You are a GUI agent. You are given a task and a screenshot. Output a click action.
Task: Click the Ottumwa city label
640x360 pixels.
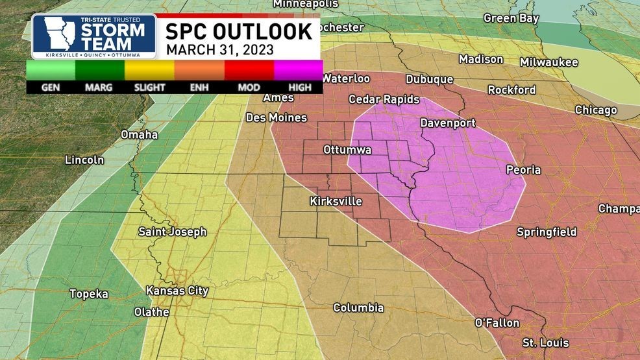click(x=347, y=150)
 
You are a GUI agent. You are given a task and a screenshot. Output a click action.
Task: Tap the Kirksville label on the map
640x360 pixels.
click(x=336, y=201)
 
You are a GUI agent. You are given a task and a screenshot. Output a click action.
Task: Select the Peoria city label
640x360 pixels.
click(x=523, y=170)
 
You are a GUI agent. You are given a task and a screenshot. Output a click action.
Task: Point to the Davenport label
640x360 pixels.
click(x=447, y=123)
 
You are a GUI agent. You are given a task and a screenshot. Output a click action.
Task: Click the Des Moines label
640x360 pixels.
click(x=276, y=118)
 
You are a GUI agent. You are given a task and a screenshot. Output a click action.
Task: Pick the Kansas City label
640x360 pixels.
click(x=177, y=291)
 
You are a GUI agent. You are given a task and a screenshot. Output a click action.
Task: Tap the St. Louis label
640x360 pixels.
click(x=545, y=342)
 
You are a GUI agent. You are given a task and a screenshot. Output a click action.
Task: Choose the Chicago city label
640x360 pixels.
click(x=595, y=110)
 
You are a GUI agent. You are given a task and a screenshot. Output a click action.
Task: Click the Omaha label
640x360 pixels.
click(x=139, y=135)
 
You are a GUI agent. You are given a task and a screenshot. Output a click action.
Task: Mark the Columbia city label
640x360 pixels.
click(x=358, y=308)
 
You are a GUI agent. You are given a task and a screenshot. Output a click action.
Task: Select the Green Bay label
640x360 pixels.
click(x=511, y=19)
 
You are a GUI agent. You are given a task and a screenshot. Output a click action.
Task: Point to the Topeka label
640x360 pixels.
click(x=89, y=294)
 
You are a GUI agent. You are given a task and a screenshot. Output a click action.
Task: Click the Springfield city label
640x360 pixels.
click(x=547, y=232)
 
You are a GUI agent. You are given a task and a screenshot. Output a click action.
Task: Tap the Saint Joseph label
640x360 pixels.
click(x=172, y=232)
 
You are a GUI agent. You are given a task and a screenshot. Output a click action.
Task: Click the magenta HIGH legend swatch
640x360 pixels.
click(x=298, y=69)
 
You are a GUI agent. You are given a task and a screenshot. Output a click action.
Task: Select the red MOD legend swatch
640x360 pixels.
click(x=249, y=69)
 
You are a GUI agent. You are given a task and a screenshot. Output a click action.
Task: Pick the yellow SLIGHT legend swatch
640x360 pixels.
click(x=149, y=69)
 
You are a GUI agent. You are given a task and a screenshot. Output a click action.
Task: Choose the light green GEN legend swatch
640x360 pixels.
click(x=51, y=69)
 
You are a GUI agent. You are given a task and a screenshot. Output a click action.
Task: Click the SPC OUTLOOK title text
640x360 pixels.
click(x=238, y=30)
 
